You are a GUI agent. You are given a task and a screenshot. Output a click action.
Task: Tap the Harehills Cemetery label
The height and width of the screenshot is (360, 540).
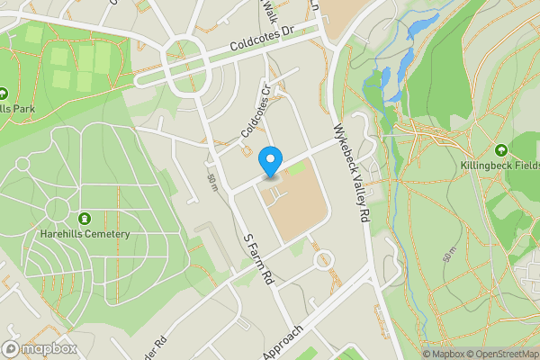click(x=91, y=234)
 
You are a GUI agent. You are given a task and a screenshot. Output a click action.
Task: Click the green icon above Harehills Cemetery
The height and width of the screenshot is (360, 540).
click(x=85, y=219)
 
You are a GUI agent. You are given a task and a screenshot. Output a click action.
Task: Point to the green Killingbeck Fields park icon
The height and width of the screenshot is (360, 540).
click(x=501, y=150)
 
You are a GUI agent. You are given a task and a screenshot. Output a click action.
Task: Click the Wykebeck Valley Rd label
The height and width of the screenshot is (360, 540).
click(x=352, y=173)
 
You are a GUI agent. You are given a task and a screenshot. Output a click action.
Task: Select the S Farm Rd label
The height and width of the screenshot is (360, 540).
click(x=258, y=260)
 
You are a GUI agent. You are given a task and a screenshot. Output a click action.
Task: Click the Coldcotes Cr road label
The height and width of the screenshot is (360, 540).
click(x=256, y=112)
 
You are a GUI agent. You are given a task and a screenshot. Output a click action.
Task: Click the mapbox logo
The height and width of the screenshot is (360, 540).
click(x=39, y=348)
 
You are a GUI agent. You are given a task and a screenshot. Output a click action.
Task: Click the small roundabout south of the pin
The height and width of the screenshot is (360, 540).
click(x=322, y=261)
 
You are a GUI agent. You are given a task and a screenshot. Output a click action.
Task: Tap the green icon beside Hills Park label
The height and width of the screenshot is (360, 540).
click(x=3, y=93)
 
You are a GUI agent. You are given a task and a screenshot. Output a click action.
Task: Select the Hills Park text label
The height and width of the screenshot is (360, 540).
click(x=20, y=110)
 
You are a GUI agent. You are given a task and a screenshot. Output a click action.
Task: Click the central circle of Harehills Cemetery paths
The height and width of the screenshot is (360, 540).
click(x=56, y=210)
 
